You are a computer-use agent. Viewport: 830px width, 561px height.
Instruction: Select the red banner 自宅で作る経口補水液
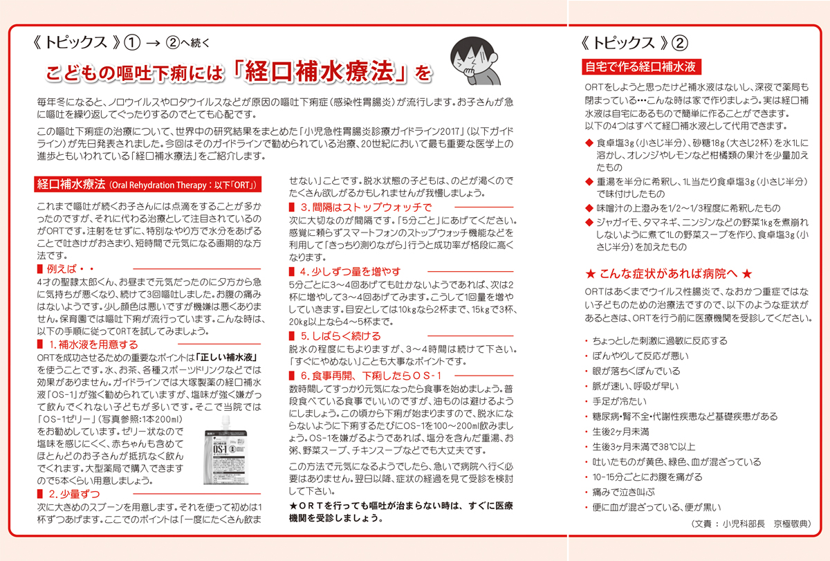coord(640,66)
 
